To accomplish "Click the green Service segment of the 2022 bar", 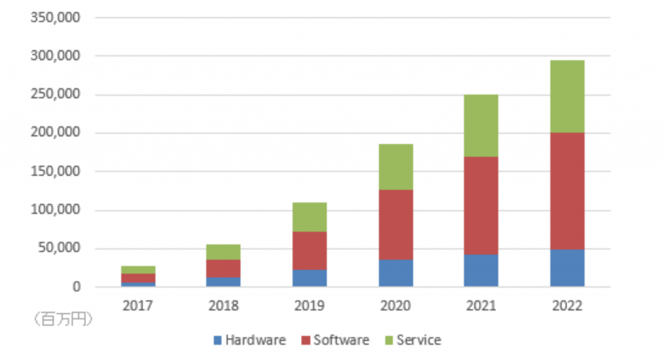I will click(x=567, y=96).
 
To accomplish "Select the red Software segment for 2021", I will click(x=481, y=205).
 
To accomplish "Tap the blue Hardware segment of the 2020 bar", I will click(x=396, y=273).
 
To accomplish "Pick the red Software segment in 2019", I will click(x=309, y=250).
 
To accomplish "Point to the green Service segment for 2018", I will click(x=224, y=251).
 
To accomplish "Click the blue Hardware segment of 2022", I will click(x=567, y=267).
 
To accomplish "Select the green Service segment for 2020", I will click(x=396, y=166).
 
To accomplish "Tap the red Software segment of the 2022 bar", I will click(x=567, y=191).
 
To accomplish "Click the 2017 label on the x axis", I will click(x=138, y=306).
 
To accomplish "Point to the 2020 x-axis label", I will click(x=396, y=306).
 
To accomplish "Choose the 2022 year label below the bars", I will click(x=567, y=306).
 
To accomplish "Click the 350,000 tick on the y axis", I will click(x=55, y=17).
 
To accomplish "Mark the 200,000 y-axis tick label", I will click(x=55, y=133).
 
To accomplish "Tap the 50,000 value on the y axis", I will click(x=58, y=248).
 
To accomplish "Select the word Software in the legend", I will click(x=341, y=340).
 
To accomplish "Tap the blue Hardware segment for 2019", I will click(x=309, y=278).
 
